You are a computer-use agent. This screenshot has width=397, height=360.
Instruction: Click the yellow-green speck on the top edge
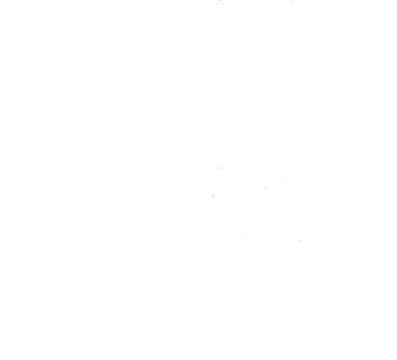[x=293, y=1]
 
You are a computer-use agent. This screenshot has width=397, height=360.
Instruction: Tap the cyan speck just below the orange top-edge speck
[x=222, y=4]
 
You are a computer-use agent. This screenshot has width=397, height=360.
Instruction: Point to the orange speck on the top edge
[x=220, y=0]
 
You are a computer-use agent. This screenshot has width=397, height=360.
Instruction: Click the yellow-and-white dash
[x=220, y=168]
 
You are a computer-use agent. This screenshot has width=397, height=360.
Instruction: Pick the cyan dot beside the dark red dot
[x=213, y=194]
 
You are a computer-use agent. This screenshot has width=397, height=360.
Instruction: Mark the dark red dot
[x=212, y=197]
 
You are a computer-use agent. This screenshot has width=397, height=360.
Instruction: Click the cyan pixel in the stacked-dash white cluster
[x=266, y=187]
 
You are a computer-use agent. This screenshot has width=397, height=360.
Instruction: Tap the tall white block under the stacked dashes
[x=266, y=189]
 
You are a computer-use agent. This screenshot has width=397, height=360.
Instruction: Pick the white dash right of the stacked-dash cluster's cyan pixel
[x=268, y=187]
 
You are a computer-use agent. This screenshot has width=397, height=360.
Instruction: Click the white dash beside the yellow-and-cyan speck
[x=295, y=237]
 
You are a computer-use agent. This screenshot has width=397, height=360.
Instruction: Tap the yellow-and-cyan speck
[x=299, y=240]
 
